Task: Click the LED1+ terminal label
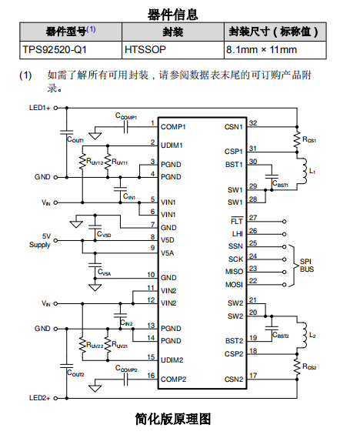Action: tap(39, 108)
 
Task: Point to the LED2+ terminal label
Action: tap(39, 398)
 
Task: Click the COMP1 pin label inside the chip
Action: tap(173, 127)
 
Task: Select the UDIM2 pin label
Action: tap(172, 360)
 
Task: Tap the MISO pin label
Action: tap(234, 272)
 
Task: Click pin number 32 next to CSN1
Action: tap(253, 123)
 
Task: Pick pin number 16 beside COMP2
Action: tap(151, 376)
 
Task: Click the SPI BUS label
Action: tap(307, 266)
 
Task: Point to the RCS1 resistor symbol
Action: tap(297, 139)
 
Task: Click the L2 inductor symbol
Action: tap(303, 335)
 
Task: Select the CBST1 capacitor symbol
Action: tap(272, 176)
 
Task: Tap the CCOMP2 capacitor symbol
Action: tap(125, 379)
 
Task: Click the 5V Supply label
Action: tap(40, 240)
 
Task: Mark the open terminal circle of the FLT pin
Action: tap(284, 222)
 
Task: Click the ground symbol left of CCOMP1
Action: tap(95, 135)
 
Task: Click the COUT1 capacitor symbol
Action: tap(66, 132)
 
